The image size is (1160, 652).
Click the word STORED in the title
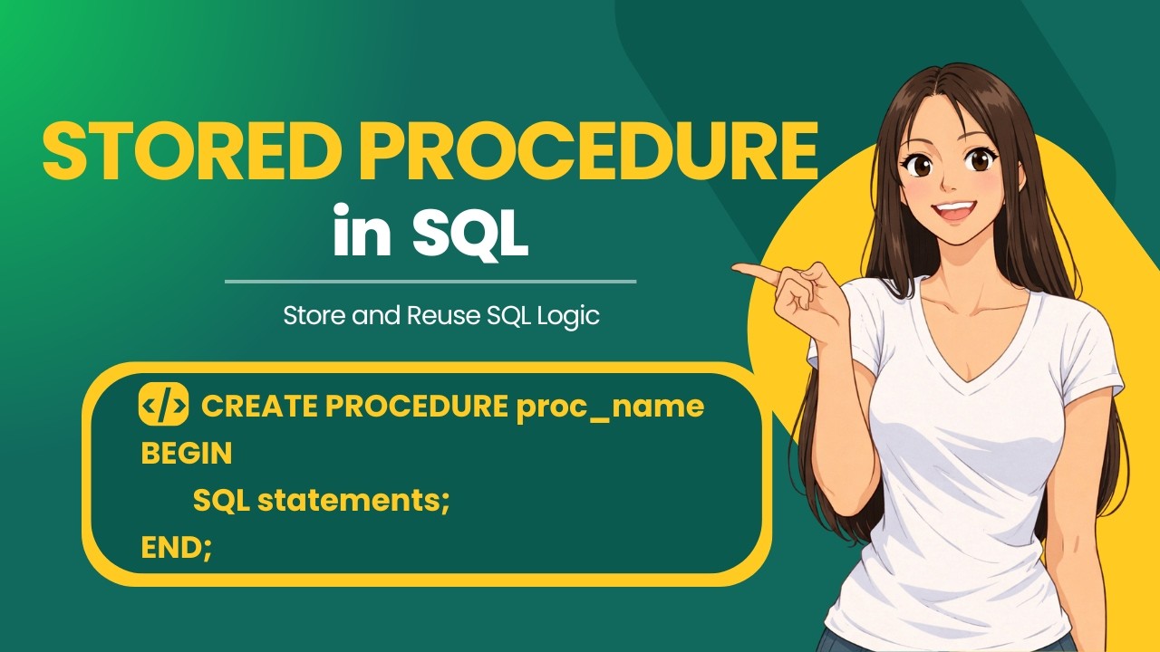(186, 150)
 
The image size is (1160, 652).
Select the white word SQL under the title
(470, 233)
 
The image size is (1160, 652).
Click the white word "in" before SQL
(362, 229)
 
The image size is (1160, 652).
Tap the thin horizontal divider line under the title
(430, 282)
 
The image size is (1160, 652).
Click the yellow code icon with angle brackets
(164, 404)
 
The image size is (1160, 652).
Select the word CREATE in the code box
(259, 406)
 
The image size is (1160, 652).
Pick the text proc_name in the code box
(610, 408)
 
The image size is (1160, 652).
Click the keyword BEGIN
(187, 454)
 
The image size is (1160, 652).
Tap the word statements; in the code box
(353, 501)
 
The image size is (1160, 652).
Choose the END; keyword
(177, 548)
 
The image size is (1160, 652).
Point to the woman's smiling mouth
(954, 211)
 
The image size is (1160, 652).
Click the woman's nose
(949, 181)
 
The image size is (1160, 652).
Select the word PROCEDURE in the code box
(416, 406)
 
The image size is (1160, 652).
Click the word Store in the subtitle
(315, 315)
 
